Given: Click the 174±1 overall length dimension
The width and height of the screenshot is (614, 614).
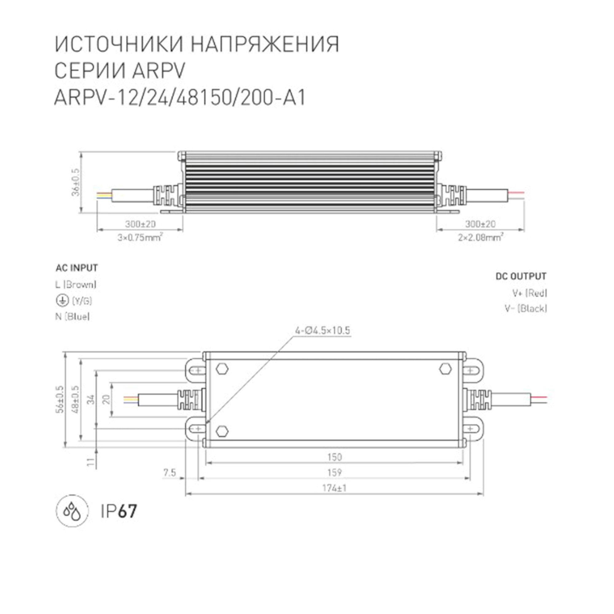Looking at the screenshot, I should (x=334, y=488).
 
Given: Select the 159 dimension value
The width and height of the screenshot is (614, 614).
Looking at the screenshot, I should (x=334, y=472).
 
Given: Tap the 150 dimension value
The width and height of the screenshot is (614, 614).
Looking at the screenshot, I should (x=334, y=457).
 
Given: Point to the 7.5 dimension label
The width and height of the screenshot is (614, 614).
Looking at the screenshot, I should (x=169, y=472).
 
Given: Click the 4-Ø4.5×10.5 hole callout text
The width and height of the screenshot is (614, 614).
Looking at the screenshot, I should (x=322, y=331).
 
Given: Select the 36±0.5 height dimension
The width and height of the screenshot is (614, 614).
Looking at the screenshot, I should (x=76, y=182).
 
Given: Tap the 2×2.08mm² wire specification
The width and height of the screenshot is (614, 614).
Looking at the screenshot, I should (x=480, y=237).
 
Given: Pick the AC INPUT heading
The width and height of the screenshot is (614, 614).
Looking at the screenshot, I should (x=76, y=268).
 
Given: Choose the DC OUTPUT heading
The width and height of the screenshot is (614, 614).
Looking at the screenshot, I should (x=521, y=277).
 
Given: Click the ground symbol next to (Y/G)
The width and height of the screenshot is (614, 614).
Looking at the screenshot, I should (x=62, y=301).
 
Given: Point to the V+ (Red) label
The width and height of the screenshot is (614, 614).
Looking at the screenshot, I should (x=530, y=293).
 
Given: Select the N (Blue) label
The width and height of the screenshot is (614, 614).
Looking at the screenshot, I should (x=72, y=317).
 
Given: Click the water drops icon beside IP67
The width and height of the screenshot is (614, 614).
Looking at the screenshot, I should (x=72, y=511).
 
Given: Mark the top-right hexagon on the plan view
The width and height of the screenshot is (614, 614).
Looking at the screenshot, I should (x=445, y=369).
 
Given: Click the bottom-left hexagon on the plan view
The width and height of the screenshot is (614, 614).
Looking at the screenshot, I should (x=222, y=431).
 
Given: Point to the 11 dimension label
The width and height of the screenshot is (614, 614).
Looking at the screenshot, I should (x=91, y=462).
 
